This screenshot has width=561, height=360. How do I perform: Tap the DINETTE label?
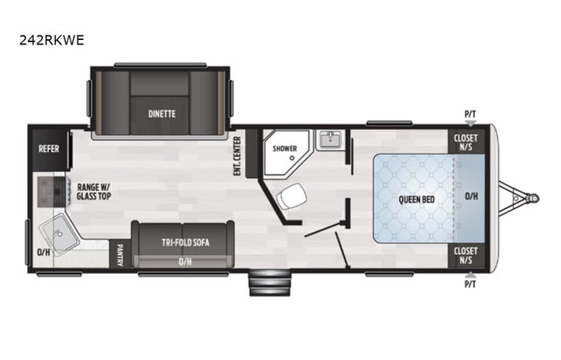point(162,114)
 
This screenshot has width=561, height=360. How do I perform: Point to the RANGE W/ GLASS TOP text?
point(92,191)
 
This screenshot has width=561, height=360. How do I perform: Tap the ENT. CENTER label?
point(238,156)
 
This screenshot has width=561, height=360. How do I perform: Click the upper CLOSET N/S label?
point(466,143)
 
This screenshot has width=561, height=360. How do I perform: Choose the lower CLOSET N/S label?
point(466,255)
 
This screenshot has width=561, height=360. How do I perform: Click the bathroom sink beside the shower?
point(332,141)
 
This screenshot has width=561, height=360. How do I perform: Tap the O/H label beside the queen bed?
point(470,197)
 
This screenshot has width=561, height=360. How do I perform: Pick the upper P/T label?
point(470,115)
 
